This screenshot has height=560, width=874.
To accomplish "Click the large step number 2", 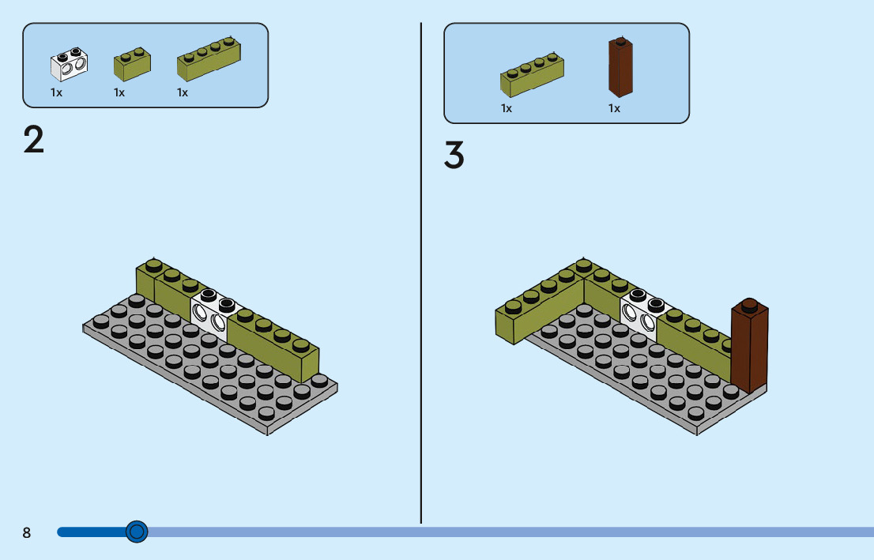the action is (x=33, y=140).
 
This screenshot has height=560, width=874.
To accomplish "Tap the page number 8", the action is (x=27, y=532).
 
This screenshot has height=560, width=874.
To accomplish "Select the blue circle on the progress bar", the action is (x=137, y=532).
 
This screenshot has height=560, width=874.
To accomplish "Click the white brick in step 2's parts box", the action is (x=69, y=66).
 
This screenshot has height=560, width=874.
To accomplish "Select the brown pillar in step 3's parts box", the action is (x=620, y=67).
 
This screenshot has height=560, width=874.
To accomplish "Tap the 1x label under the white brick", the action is (x=56, y=92).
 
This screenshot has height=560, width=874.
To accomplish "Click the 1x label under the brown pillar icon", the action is (x=614, y=108).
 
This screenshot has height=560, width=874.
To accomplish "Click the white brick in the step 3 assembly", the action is (x=644, y=314).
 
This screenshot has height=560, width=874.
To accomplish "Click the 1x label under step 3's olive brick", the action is (x=507, y=108).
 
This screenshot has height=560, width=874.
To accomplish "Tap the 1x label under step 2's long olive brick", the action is (x=183, y=92).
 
